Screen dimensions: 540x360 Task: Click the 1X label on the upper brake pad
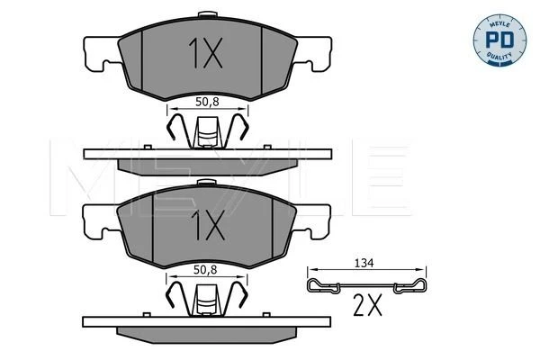tap(205, 53)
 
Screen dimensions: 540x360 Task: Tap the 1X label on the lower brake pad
tap(208, 225)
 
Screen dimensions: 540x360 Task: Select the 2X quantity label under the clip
tap(368, 305)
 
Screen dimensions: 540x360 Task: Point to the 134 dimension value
tap(364, 263)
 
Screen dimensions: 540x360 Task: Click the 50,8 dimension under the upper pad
tap(207, 102)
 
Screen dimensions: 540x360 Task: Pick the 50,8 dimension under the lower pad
tap(205, 270)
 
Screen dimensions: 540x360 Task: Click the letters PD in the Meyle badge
tap(499, 40)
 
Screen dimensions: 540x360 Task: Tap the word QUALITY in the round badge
tap(499, 56)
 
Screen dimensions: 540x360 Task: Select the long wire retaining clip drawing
tap(366, 286)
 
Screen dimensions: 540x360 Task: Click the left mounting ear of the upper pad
tap(101, 52)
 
